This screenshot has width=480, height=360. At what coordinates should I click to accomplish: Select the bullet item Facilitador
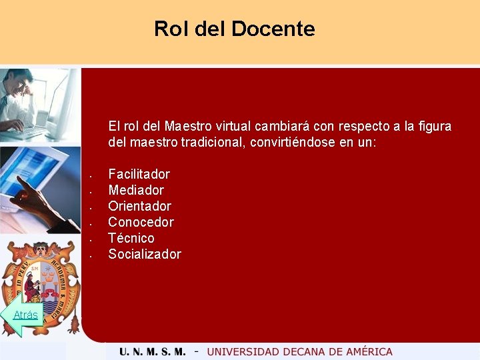click(139, 174)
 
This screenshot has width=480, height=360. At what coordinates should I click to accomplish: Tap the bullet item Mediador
click(136, 190)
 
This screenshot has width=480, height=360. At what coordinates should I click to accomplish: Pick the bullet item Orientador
click(139, 206)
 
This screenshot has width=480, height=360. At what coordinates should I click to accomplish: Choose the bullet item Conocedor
click(141, 222)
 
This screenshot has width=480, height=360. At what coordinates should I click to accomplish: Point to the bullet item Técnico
click(131, 238)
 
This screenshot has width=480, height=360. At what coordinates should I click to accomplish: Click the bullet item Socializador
click(145, 254)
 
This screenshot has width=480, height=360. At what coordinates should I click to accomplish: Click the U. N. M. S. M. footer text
click(153, 351)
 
